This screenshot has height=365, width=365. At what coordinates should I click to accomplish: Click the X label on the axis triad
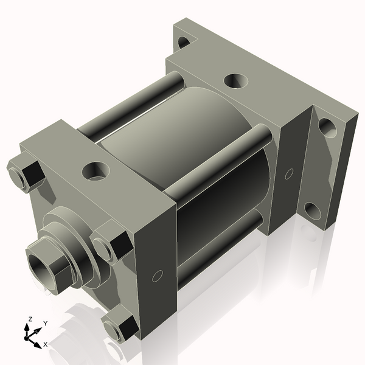click(x=45, y=344)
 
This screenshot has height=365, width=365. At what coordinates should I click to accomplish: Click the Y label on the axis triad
click(x=45, y=324)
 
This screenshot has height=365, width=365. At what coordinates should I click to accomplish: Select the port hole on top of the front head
click(x=96, y=170)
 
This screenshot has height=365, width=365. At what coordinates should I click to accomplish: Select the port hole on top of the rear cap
click(x=236, y=81)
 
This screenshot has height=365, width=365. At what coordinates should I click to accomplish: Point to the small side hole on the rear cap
click(x=288, y=174)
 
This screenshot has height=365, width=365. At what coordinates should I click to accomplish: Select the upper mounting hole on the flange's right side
click(x=327, y=127)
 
